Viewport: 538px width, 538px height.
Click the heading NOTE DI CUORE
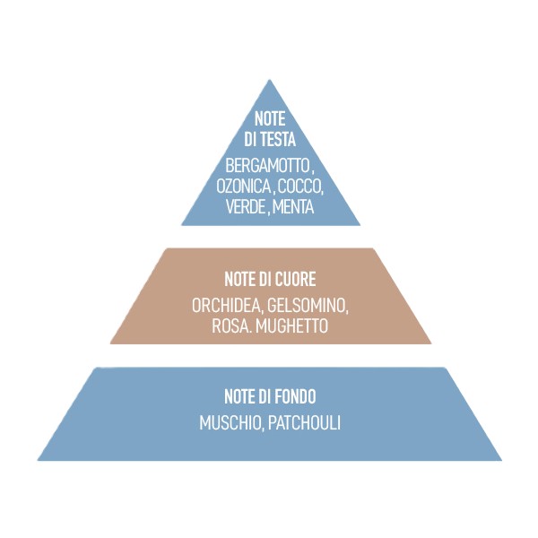point(270,280)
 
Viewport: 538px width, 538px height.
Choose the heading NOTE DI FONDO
point(270,396)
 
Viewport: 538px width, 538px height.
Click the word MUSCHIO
point(230,422)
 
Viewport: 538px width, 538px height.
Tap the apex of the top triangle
point(271,81)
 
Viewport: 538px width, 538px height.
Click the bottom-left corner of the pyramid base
point(38,460)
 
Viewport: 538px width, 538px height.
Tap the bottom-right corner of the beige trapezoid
point(431,343)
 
